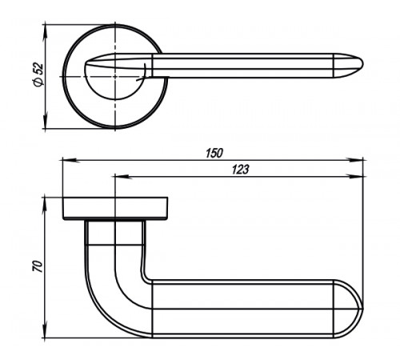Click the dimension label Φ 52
tap(38, 74)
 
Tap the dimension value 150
tap(214, 154)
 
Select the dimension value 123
tap(240, 170)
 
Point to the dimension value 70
tap(38, 266)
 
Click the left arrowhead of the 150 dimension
tap(70, 160)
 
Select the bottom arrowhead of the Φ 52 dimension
tap(46, 121)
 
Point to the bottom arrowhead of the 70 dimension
tap(46, 330)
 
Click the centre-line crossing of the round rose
tap(115, 77)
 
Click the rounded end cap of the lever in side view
tap(349, 309)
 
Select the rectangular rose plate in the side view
tap(115, 209)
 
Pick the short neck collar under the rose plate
tap(115, 233)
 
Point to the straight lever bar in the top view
tap(242, 66)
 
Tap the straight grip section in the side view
tap(242, 309)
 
